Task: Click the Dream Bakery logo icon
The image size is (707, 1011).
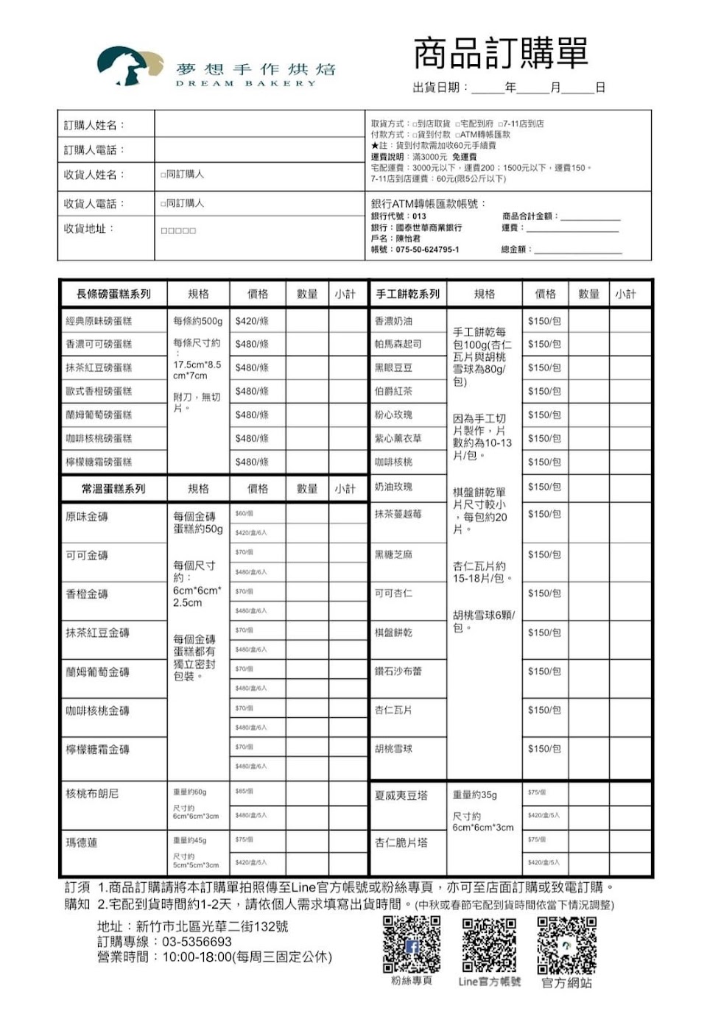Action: click(x=129, y=66)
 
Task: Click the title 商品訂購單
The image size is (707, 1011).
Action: click(x=500, y=53)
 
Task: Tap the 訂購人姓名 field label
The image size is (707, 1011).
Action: click(x=94, y=125)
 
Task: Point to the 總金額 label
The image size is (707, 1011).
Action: click(x=516, y=250)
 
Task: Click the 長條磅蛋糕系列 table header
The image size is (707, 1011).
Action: click(x=113, y=294)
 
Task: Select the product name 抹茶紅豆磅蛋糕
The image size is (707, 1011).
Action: click(x=99, y=367)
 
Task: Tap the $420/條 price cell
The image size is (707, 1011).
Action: click(x=252, y=321)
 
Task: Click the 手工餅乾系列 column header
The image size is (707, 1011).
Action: click(x=407, y=294)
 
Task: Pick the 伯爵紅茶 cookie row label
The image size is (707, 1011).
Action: click(x=393, y=391)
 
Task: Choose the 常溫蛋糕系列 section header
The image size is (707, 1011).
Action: click(x=113, y=488)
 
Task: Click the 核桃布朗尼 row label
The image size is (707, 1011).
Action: click(x=92, y=793)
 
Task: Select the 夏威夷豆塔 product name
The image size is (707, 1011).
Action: click(x=401, y=795)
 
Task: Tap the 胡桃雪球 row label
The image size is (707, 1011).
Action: click(x=393, y=749)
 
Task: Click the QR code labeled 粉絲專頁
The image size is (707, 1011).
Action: click(x=412, y=944)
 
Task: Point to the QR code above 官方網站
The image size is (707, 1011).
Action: click(x=566, y=944)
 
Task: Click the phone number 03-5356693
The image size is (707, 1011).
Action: click(x=197, y=942)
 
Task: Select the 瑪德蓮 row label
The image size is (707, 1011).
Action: click(x=82, y=842)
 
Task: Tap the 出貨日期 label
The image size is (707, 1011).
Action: click(x=440, y=88)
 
